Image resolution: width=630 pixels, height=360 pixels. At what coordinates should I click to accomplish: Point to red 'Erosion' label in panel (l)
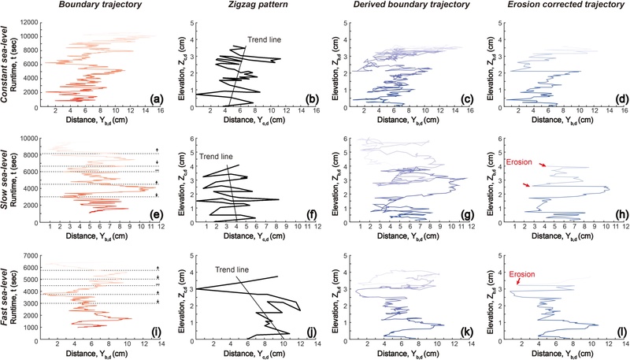tap(524, 276)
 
